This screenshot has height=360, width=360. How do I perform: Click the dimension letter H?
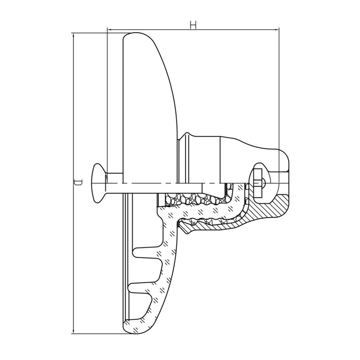click(193, 25)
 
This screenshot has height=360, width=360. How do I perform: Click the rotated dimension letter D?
click(78, 182)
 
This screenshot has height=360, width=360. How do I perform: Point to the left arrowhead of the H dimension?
click(110, 30)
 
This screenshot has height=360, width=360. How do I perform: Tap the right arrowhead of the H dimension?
click(277, 30)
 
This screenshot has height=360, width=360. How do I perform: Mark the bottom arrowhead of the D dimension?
click(73, 331)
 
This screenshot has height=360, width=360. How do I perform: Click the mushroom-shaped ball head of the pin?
click(99, 183)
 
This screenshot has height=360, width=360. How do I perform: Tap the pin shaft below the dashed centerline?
click(154, 188)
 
